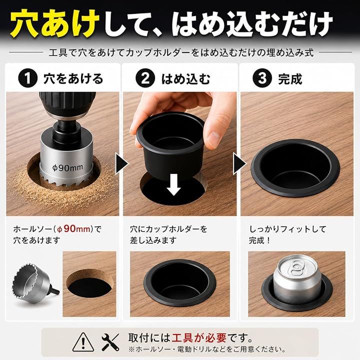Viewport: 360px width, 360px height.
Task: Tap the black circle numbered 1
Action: [28, 78]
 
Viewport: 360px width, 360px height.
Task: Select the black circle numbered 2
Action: [145, 78]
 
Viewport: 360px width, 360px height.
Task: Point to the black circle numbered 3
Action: [262, 78]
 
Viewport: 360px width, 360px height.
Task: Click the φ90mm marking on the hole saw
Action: [67, 167]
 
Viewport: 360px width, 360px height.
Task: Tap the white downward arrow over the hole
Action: [174, 185]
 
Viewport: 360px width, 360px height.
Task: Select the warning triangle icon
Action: [83, 342]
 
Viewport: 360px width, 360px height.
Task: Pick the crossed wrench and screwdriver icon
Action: [110, 342]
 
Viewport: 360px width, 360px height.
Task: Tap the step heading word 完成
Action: [290, 79]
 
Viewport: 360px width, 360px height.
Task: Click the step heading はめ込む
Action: [185, 79]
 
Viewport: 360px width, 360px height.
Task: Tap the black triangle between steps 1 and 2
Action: [121, 163]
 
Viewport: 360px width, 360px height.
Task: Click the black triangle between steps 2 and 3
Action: [239, 163]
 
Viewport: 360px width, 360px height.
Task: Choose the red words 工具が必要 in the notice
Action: [199, 337]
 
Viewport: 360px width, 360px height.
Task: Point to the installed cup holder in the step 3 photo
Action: [295, 167]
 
